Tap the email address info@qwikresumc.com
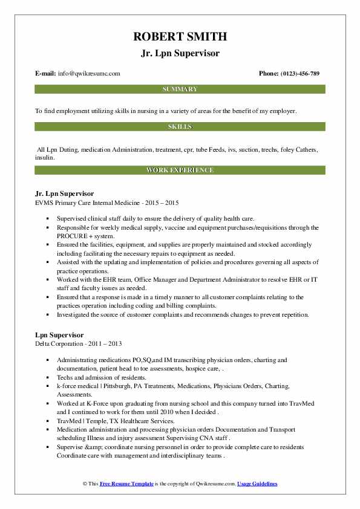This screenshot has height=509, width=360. pyautogui.click(x=89, y=74)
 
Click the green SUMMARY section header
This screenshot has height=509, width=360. pyautogui.click(x=180, y=89)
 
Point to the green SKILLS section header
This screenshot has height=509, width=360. pyautogui.click(x=180, y=127)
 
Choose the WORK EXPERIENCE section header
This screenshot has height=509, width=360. pyautogui.click(x=180, y=170)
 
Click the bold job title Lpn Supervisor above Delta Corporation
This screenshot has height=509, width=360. pyautogui.click(x=60, y=335)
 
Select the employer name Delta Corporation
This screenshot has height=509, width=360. pyautogui.click(x=60, y=343)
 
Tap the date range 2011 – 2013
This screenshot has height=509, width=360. pyautogui.click(x=106, y=343)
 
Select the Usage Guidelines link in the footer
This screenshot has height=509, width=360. pyautogui.click(x=257, y=484)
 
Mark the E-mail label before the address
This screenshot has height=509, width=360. pyautogui.click(x=46, y=74)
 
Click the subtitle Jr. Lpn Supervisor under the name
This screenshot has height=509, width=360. pyautogui.click(x=180, y=53)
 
